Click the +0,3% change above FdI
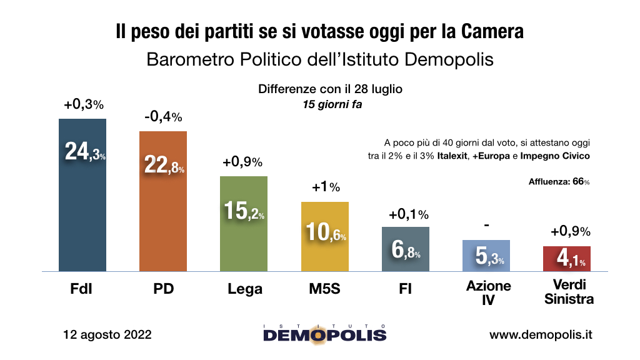(82, 105)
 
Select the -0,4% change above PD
(162, 116)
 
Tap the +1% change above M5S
(325, 187)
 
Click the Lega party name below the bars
(244, 289)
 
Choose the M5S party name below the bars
(325, 289)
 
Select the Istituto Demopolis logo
(324, 334)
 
